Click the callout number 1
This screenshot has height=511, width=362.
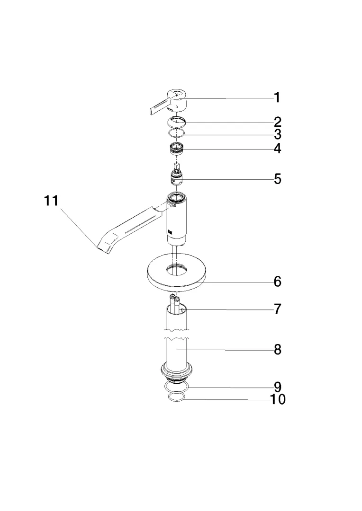(277, 97)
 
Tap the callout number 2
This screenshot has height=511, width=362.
(277, 122)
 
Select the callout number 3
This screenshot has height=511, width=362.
(277, 134)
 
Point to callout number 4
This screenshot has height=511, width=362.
(277, 149)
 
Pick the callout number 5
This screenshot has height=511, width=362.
(278, 179)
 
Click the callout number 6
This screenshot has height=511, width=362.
(278, 282)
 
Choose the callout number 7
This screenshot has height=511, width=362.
(278, 309)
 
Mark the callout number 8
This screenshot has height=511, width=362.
(278, 350)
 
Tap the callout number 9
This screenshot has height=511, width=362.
(278, 387)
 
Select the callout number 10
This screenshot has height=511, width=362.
(278, 399)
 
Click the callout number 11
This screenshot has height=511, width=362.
(51, 201)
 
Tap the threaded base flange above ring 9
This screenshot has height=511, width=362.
(177, 374)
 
